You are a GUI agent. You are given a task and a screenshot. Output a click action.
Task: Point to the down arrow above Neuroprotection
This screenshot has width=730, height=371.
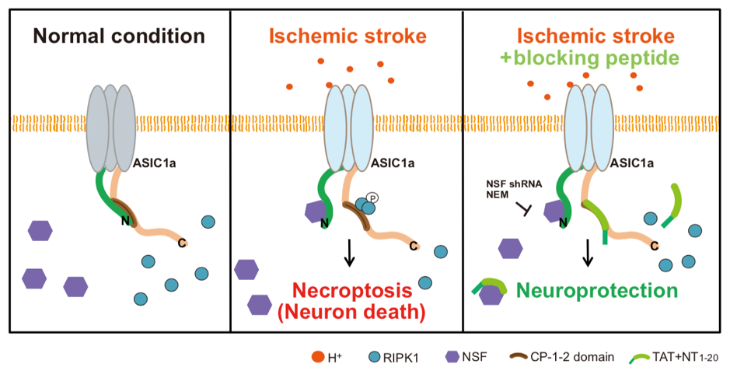[589, 253]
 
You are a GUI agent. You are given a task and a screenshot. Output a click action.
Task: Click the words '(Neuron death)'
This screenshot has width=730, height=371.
[352, 313]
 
